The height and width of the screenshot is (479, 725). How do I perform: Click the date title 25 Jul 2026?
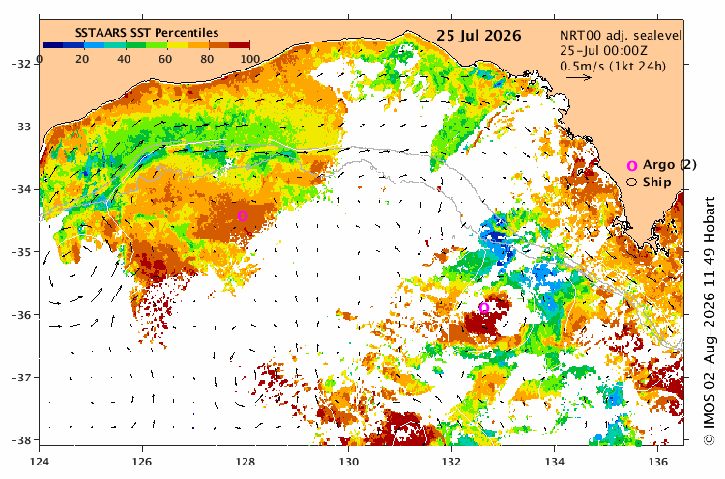click(x=478, y=36)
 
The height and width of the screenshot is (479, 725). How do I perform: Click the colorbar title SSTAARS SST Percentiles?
click(x=147, y=33)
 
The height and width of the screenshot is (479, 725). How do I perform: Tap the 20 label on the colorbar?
click(x=82, y=59)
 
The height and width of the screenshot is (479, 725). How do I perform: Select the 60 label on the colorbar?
click(x=165, y=59)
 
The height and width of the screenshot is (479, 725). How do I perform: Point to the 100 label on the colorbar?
click(x=249, y=59)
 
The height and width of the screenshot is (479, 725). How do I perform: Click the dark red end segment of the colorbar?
click(x=240, y=44)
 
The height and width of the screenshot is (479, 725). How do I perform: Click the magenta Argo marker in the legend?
click(x=632, y=166)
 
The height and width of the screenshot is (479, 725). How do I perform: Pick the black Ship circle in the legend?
click(x=631, y=182)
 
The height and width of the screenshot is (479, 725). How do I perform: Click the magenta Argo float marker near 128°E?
click(x=243, y=215)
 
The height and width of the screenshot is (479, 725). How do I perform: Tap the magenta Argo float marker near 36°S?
click(x=484, y=308)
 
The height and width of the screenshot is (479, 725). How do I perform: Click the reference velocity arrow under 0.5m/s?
click(x=579, y=77)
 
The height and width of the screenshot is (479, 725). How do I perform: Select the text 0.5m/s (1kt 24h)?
click(x=613, y=66)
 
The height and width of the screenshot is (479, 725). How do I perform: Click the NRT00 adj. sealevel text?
click(x=621, y=36)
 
